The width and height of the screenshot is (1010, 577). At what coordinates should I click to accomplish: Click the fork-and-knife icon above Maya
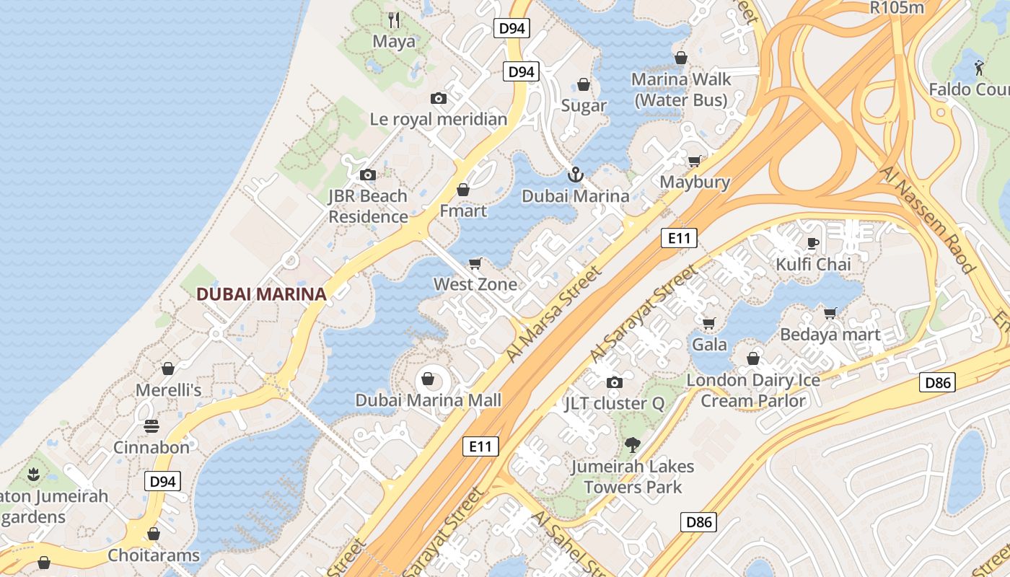394,19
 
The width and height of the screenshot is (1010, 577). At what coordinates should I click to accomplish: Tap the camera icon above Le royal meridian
438,98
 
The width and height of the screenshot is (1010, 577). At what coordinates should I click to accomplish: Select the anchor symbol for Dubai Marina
575,174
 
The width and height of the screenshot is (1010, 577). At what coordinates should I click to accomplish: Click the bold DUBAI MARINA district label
261,294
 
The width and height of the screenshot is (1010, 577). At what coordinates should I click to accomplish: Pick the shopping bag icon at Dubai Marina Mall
428,379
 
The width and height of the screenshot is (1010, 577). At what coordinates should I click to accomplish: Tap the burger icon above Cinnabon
151,426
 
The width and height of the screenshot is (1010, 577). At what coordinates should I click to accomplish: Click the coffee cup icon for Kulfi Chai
813,243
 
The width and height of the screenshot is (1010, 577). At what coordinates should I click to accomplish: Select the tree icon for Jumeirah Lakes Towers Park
633,445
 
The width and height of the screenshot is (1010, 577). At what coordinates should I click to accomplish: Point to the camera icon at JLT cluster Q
614,382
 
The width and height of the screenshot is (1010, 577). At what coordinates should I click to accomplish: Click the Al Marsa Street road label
553,314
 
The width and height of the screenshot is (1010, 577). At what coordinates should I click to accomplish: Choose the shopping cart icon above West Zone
475,263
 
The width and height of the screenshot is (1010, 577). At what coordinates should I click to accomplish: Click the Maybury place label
695,182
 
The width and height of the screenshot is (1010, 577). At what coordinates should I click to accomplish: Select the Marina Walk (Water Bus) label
681,89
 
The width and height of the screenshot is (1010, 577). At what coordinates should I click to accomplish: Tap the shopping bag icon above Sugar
584,84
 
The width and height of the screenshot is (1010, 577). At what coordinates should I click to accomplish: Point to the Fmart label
463,211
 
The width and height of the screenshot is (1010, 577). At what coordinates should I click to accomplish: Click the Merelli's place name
169,390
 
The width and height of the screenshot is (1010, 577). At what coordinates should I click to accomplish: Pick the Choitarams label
154,555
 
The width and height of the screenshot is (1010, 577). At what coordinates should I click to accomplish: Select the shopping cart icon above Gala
709,323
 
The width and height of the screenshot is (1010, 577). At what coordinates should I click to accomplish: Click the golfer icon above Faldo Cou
978,67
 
